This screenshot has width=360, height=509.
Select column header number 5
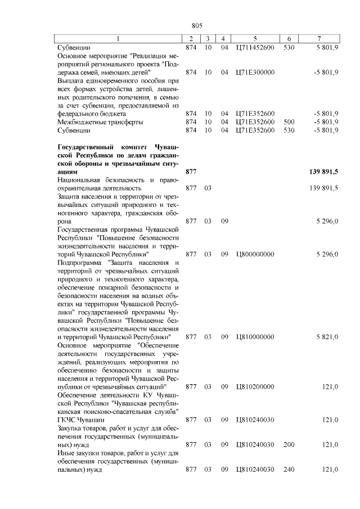coord(255,38)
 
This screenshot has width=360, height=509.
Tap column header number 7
coord(319,38)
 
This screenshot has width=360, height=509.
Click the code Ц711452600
coord(255,47)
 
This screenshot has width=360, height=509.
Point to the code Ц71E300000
coord(255,73)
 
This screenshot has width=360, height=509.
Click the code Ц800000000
coord(255,254)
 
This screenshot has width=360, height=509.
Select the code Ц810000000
coord(255,337)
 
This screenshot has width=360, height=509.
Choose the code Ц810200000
coord(255,387)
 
